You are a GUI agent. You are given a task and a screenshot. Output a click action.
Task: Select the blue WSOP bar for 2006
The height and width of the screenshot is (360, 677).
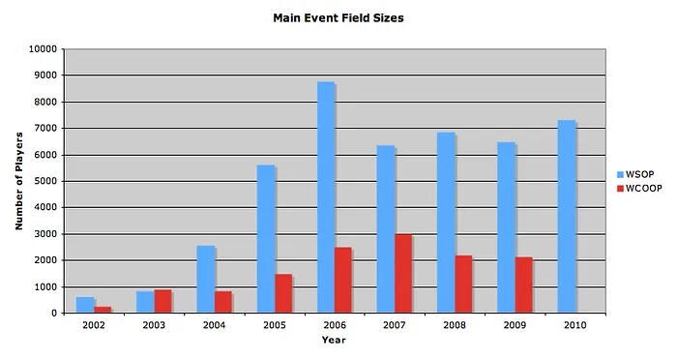point(326,197)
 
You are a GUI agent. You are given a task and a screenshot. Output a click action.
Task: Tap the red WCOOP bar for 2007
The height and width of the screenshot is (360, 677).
point(403,274)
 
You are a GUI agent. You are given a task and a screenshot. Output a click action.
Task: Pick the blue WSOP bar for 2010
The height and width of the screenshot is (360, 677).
point(567,217)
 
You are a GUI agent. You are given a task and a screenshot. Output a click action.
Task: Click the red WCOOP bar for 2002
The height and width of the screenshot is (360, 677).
point(103,310)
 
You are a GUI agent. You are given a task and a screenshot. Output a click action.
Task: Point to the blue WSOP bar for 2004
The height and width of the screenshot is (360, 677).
point(205,280)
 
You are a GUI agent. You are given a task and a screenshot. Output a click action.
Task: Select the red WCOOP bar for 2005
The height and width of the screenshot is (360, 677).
point(283,293)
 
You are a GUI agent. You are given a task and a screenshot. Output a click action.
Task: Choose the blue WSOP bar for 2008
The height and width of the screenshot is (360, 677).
point(446,223)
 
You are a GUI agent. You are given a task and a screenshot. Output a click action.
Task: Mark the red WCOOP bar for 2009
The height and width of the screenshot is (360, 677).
point(523,285)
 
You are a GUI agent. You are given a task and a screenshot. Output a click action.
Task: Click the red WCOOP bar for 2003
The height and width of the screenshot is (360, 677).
point(162,301)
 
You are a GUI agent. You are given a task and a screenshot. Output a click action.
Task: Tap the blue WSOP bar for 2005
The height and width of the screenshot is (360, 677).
point(266,239)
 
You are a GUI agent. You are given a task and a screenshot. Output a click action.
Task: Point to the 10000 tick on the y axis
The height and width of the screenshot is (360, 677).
point(42,48)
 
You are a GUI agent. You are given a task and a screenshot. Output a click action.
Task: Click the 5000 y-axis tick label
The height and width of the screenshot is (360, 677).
point(44,181)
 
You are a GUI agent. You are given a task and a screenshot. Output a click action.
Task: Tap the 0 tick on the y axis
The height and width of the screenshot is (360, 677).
point(54,314)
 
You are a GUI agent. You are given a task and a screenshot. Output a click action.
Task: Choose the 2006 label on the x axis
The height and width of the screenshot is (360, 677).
point(334,326)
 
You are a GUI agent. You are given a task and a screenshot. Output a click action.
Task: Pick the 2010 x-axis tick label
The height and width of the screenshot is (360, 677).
point(574,326)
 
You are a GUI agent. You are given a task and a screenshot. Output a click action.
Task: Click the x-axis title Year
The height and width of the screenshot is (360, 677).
point(334,341)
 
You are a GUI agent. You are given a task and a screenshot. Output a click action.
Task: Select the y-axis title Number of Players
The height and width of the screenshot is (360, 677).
point(18,181)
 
